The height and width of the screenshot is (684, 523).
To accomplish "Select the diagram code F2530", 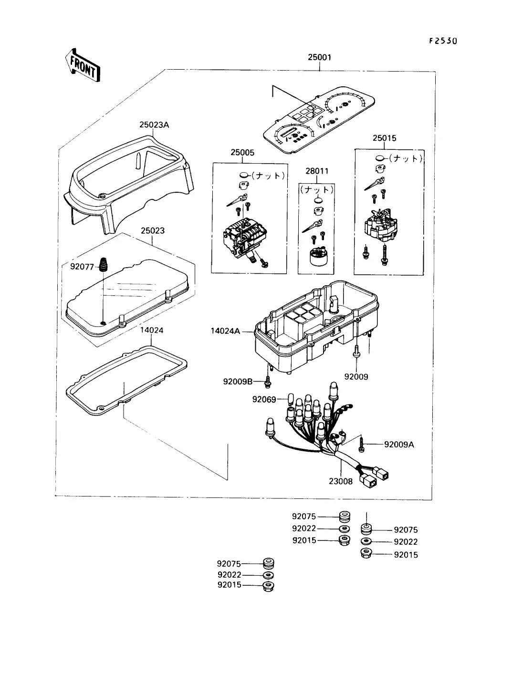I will click(x=443, y=41).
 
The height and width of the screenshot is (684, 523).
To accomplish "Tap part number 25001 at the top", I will click(x=319, y=57).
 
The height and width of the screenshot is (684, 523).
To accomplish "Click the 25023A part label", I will click(x=154, y=125).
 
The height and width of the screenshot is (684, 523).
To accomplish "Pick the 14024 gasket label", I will click(x=152, y=330).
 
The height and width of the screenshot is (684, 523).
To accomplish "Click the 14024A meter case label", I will click(x=226, y=330).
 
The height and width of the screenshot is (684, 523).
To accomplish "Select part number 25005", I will click(x=242, y=153).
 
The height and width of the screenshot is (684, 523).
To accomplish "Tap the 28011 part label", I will click(x=317, y=171).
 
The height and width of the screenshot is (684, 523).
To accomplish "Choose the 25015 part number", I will click(x=385, y=138).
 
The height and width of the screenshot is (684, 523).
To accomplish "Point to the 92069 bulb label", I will click(x=264, y=399).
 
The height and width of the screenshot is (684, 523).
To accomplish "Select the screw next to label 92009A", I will click(x=362, y=445).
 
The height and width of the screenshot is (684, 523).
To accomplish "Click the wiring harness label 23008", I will click(x=341, y=481).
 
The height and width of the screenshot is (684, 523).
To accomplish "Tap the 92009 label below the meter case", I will click(x=356, y=376).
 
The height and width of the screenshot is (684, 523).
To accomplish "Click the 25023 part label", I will click(x=152, y=231).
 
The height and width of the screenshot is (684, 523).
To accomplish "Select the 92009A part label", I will click(x=399, y=445).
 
